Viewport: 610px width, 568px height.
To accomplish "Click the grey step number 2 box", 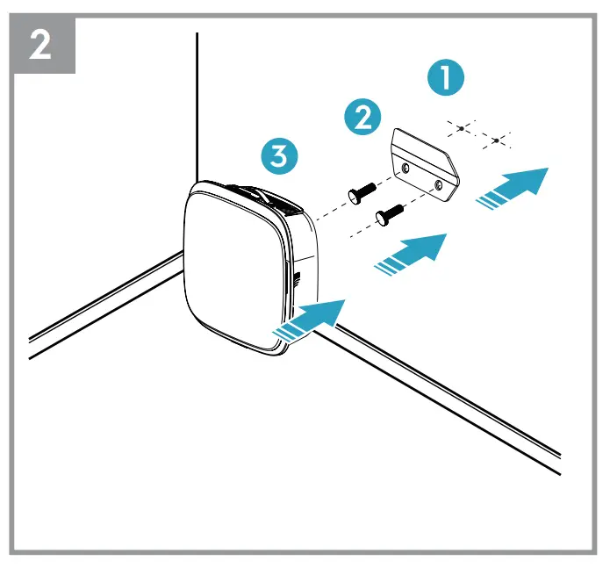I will (40, 45).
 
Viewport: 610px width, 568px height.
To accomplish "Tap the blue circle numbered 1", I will (447, 78).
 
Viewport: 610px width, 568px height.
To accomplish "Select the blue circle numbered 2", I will (362, 117).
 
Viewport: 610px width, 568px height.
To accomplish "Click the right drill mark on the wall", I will (497, 140).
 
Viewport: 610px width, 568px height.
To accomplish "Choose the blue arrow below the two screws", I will (412, 253).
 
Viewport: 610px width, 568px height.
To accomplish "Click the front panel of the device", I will (233, 268).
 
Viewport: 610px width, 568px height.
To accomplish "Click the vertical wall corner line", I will (197, 105).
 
